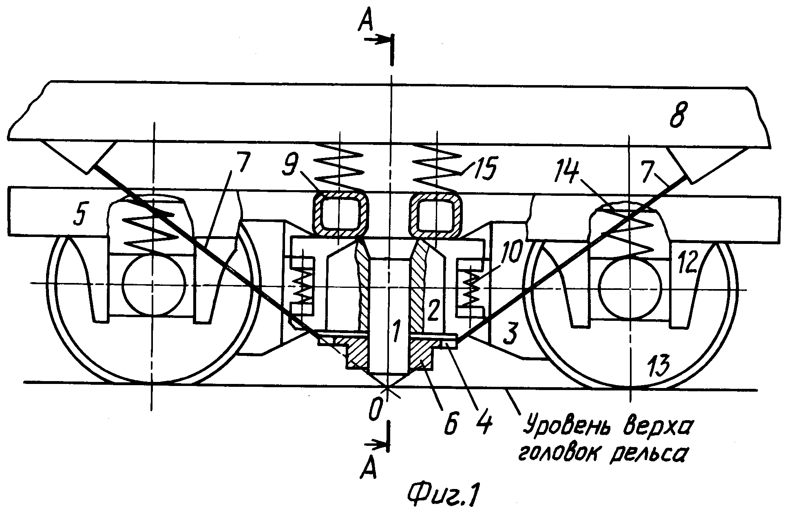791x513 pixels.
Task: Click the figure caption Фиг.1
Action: point(444,495)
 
